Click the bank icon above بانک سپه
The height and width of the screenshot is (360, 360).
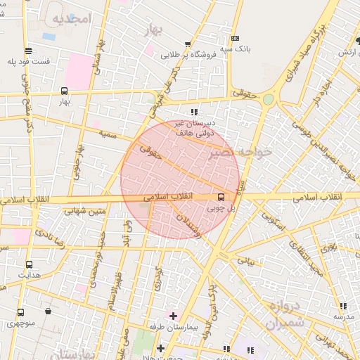[235, 38]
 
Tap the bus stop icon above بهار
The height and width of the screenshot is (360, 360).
[65, 91]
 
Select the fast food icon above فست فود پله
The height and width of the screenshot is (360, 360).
[27, 50]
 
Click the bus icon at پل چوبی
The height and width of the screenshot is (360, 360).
[221, 196]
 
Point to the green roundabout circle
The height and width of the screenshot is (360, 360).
[268, 100]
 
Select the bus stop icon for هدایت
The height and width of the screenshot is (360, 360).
[29, 264]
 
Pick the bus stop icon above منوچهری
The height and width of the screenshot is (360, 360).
[20, 312]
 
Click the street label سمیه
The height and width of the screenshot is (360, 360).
[108, 134]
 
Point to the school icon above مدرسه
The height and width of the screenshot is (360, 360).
[342, 306]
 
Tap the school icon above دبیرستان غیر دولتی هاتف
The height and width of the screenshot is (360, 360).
[194, 111]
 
